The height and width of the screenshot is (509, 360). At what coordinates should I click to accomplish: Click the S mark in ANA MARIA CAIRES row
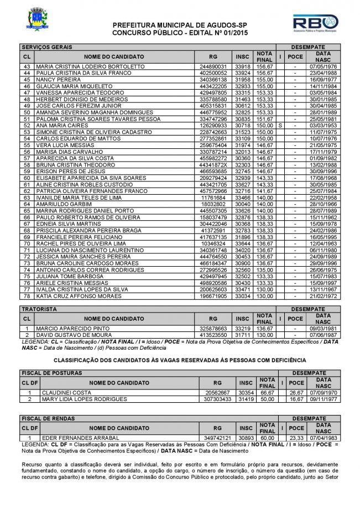pos(281,126)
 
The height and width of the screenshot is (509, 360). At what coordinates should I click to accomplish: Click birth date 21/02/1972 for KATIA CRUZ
pos(320,297)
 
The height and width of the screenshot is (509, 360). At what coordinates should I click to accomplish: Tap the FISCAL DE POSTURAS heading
pos(51,373)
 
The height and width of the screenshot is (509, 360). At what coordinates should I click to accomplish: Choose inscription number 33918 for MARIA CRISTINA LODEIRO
pos(242,66)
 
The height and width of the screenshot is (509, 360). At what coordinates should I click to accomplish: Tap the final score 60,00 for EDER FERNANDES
pos(267,438)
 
